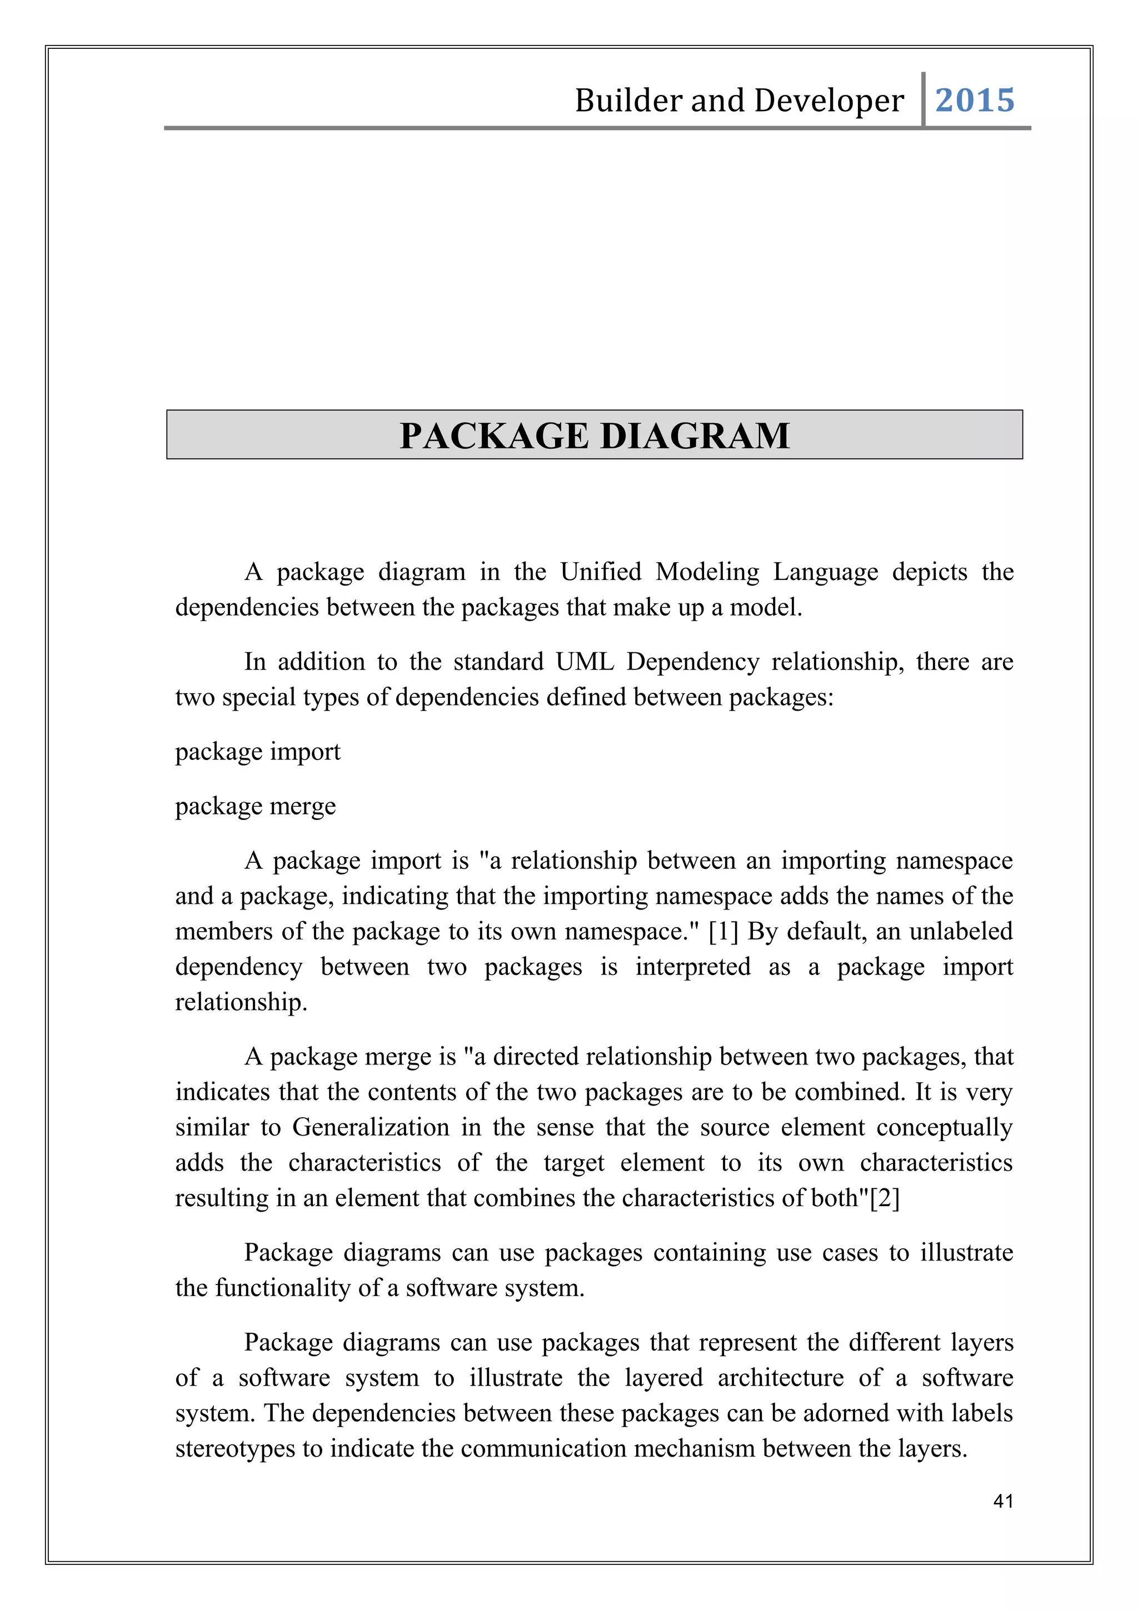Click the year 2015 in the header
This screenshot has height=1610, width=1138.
click(974, 100)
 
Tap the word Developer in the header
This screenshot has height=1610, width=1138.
click(829, 100)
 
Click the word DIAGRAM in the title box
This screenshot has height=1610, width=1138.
click(695, 436)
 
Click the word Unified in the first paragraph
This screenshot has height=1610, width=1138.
click(601, 572)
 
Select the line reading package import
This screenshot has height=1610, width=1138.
click(257, 752)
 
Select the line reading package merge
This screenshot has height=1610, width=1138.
click(255, 807)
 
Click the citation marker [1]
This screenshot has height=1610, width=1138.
click(723, 931)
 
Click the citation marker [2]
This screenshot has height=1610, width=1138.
click(884, 1198)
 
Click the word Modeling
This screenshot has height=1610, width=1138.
click(707, 572)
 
